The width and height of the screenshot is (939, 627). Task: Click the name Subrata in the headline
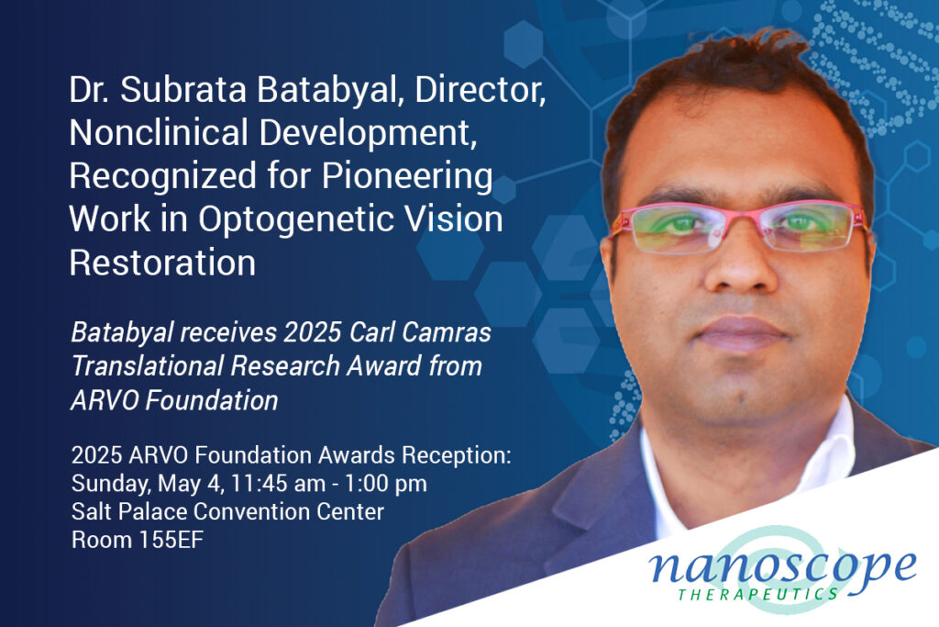[183, 89]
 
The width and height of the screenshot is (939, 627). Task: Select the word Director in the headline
[480, 90]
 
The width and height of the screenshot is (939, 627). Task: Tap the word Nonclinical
[159, 132]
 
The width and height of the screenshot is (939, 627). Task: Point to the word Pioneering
[407, 177]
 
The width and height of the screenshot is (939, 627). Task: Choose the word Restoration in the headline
[162, 263]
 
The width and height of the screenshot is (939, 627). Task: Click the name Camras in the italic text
[447, 332]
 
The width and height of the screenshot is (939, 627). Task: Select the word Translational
[148, 365]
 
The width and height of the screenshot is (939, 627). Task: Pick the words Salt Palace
[129, 511]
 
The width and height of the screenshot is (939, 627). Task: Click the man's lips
[741, 334]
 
